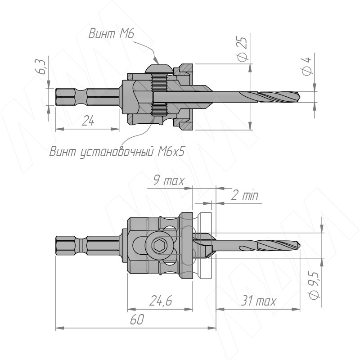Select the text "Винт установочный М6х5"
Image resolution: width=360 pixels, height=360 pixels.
pyautogui.click(x=117, y=152)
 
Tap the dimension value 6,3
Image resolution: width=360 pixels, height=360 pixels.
pyautogui.click(x=42, y=69)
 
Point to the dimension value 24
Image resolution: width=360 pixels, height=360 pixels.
pyautogui.click(x=88, y=121)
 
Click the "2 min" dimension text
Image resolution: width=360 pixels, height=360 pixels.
pyautogui.click(x=244, y=195)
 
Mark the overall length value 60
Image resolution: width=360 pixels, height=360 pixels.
pyautogui.click(x=136, y=319)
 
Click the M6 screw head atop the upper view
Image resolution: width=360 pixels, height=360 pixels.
pyautogui.click(x=159, y=68)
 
